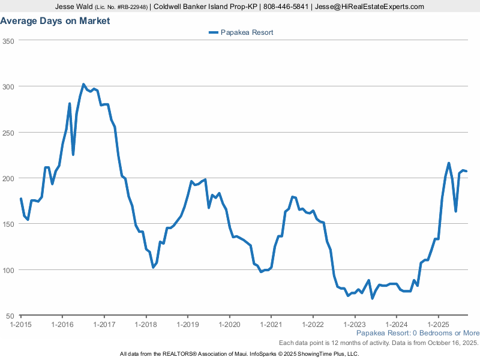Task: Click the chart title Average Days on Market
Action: click(x=55, y=21)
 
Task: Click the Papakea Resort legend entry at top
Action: click(x=241, y=32)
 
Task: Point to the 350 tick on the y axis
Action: click(x=8, y=41)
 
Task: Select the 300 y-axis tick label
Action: click(x=8, y=86)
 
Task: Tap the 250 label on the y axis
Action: click(x=8, y=133)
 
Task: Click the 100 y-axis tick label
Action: click(x=8, y=270)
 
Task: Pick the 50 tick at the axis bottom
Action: click(x=10, y=316)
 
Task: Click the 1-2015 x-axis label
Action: click(x=21, y=325)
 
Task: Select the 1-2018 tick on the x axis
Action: click(x=146, y=325)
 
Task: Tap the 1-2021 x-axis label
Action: click(x=271, y=325)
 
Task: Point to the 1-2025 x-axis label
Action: click(x=438, y=325)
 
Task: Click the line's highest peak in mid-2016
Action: click(x=83, y=85)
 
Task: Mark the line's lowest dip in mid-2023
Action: click(x=373, y=298)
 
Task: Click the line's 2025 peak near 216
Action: click(x=449, y=163)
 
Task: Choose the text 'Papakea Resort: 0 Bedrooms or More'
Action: click(x=418, y=333)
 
